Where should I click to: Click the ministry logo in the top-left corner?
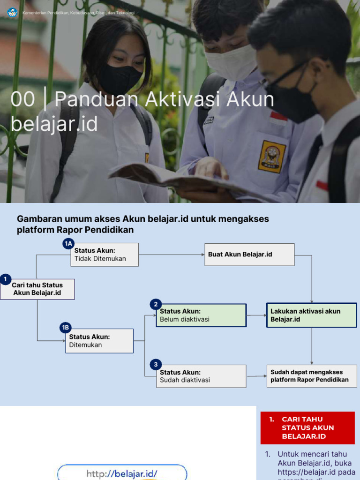[12, 12]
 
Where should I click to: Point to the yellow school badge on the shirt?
[272, 157]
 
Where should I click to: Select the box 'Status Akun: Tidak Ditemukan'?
[105, 255]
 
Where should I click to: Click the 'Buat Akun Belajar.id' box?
[249, 255]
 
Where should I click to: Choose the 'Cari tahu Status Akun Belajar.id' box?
[37, 289]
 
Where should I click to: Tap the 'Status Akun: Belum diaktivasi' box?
[201, 315]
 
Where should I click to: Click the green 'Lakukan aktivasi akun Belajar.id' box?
[312, 315]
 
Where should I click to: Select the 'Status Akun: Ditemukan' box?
[99, 341]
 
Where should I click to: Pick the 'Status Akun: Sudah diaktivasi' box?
[201, 376]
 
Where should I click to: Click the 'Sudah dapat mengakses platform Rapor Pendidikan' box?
[312, 376]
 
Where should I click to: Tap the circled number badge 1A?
[68, 243]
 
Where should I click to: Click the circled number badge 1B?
[65, 328]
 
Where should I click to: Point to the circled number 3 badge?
[155, 364]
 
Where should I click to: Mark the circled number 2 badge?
[156, 304]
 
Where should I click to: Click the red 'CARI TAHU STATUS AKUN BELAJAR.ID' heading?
[307, 427]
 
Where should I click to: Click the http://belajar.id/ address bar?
[122, 473]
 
